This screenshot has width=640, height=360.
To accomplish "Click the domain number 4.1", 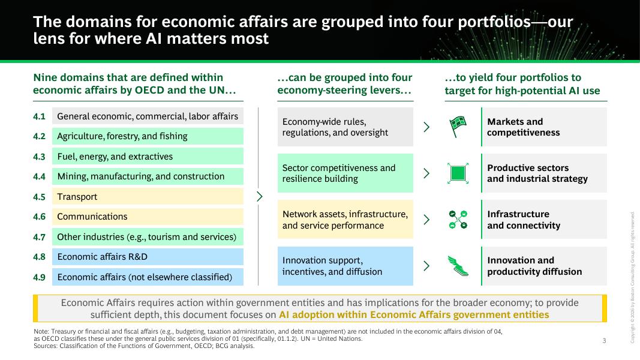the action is [39, 116].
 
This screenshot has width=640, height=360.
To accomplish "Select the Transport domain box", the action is [148, 196].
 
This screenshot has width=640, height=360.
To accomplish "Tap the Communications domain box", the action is [148, 217].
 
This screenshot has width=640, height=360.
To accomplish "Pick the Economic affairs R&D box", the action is [148, 257].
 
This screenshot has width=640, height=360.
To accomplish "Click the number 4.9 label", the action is [39, 277].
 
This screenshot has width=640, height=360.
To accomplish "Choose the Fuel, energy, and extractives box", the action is [148, 157].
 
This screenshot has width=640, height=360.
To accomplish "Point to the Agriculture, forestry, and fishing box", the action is [148, 136].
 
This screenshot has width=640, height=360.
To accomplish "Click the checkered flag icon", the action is [458, 127].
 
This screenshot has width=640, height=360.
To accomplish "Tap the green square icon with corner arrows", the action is [458, 173].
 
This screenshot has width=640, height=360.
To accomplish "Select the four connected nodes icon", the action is [458, 220].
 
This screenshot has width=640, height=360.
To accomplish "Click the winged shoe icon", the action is [458, 266].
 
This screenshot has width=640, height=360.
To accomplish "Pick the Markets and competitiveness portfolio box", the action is [544, 127].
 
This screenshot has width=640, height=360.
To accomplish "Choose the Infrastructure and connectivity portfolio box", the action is [544, 220].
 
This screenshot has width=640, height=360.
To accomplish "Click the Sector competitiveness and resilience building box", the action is [345, 173].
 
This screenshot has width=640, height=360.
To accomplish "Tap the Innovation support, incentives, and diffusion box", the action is [345, 266].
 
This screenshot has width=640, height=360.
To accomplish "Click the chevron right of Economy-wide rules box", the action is [426, 127].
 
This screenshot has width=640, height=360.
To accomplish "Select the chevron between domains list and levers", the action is [260, 196].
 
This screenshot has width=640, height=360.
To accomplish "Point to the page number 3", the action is [605, 340].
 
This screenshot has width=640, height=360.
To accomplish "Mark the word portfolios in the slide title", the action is [494, 22].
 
